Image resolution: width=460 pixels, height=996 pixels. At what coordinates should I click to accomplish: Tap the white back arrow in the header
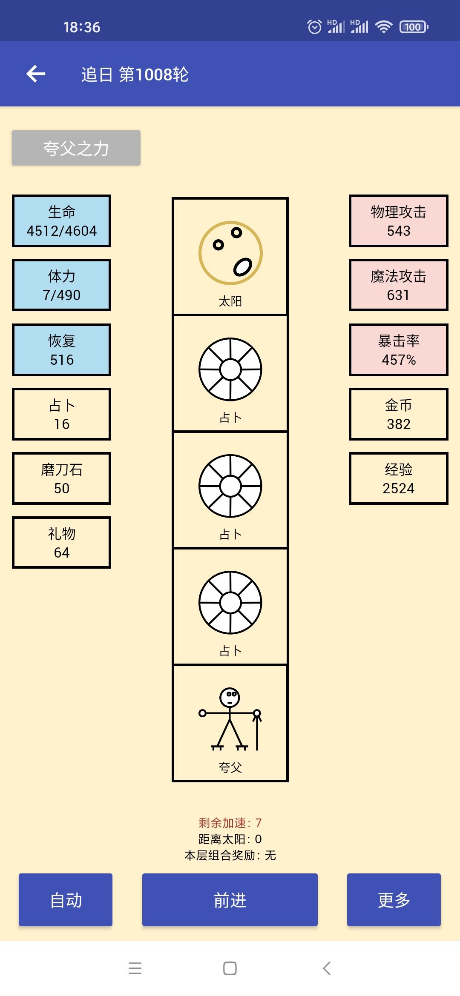(36, 74)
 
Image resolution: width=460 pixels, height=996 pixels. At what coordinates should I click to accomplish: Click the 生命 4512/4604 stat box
(62, 221)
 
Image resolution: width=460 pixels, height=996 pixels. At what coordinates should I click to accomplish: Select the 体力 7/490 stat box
(62, 285)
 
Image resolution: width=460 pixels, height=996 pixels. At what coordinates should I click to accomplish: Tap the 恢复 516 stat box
(62, 350)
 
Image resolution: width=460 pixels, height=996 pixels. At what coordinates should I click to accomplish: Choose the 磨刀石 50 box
(62, 478)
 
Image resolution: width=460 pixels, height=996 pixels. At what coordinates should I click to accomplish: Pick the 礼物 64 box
(62, 543)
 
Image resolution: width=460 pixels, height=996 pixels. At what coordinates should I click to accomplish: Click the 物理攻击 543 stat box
(398, 221)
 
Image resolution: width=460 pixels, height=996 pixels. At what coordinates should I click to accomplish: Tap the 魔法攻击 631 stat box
(398, 285)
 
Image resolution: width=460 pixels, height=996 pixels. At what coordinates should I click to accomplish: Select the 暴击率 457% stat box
(398, 350)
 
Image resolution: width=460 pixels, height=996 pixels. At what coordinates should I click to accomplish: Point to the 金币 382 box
(398, 414)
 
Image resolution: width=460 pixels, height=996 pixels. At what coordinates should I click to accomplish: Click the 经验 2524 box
(398, 478)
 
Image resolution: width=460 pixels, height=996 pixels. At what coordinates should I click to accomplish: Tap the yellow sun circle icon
(230, 253)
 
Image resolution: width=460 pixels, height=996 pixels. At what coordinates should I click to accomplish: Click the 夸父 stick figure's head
(230, 697)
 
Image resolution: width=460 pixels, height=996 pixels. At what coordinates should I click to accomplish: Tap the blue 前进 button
(230, 900)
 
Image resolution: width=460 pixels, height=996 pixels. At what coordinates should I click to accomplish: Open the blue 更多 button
(394, 900)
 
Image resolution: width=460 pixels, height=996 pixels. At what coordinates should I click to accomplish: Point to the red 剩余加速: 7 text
(230, 823)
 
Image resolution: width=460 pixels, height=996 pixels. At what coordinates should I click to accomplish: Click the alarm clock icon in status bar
(314, 27)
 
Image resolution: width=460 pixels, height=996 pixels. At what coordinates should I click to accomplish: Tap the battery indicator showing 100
(414, 27)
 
